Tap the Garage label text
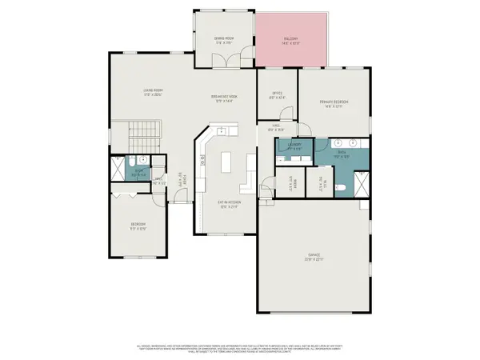click(x=313, y=258)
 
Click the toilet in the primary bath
click(x=342, y=186)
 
